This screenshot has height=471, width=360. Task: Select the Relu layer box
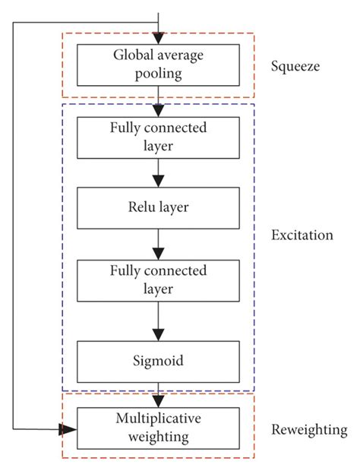tap(157, 207)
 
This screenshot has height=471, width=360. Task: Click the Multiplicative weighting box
tap(157, 428)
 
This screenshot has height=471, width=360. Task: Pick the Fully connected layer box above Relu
tap(157, 138)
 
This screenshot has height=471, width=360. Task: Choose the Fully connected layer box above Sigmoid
tap(157, 280)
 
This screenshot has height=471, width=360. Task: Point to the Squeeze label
tap(295, 65)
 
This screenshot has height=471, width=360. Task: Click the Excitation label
tap(302, 235)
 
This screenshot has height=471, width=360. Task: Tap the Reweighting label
tap(308, 430)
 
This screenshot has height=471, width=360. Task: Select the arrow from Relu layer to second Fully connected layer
tap(157, 244)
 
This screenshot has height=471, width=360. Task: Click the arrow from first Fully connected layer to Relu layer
tap(157, 172)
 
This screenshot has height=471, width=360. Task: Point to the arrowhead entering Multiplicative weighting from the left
tap(68, 429)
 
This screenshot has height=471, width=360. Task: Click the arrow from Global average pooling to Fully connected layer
tap(157, 101)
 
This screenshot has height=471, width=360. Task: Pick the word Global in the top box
tap(132, 55)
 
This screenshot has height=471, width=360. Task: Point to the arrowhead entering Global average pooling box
tap(157, 38)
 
